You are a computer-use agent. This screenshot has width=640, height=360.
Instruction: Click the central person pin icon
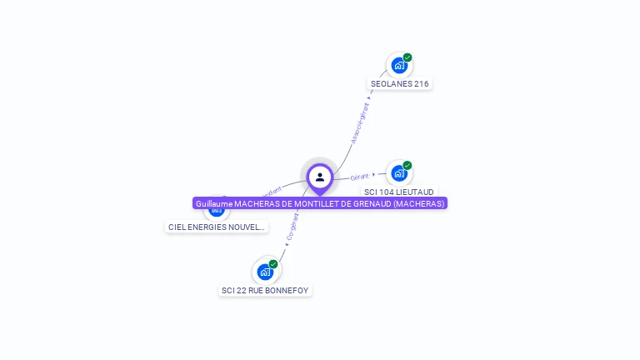(320, 177)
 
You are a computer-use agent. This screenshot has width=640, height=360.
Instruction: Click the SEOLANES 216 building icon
(399, 65)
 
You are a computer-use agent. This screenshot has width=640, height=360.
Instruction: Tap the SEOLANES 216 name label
(400, 83)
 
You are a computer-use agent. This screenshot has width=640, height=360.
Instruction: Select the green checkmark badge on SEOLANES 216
(407, 57)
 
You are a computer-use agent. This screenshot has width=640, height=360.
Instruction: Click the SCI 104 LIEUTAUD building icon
(399, 173)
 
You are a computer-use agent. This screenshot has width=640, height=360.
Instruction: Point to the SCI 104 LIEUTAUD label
(399, 192)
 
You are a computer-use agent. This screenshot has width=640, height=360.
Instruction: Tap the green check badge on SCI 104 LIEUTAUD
(407, 165)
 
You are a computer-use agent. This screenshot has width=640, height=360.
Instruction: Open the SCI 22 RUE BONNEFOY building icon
(265, 272)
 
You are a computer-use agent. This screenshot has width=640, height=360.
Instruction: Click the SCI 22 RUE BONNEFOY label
(265, 290)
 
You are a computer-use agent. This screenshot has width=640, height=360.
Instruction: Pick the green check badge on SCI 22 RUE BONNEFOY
(273, 264)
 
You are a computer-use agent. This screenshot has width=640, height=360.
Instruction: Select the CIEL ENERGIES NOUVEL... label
(217, 227)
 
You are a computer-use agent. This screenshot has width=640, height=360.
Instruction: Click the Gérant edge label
(360, 177)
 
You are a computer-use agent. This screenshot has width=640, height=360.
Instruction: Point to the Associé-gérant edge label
(361, 123)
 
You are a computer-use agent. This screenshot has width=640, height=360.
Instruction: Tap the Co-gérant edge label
(292, 227)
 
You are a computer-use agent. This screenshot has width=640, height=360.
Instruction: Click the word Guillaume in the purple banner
(214, 203)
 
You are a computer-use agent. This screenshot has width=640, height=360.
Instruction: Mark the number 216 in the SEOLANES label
(421, 83)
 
